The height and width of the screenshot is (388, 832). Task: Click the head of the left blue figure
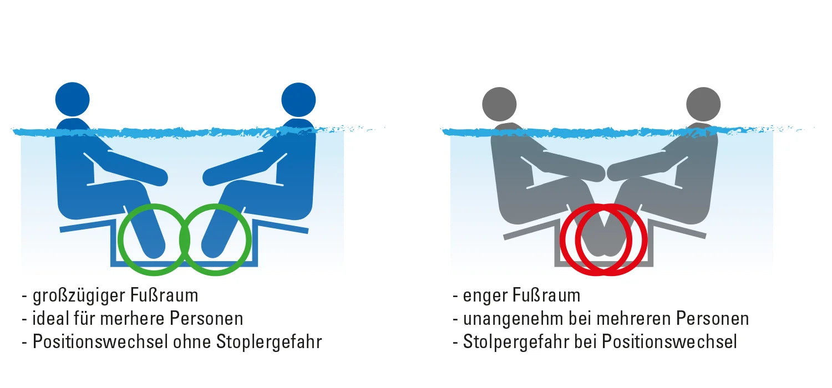click(73, 100)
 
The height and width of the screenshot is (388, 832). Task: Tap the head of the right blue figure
click(298, 100)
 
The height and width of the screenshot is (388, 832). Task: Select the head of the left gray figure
click(499, 104)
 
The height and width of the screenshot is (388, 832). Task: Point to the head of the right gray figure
click(703, 104)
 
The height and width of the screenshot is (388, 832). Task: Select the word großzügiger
click(79, 296)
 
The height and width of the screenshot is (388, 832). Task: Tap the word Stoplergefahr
click(269, 342)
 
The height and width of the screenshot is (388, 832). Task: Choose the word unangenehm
click(513, 319)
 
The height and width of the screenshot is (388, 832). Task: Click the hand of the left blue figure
click(158, 177)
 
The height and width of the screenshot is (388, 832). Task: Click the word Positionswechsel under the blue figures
click(100, 341)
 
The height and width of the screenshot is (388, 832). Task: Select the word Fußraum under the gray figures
click(546, 295)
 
